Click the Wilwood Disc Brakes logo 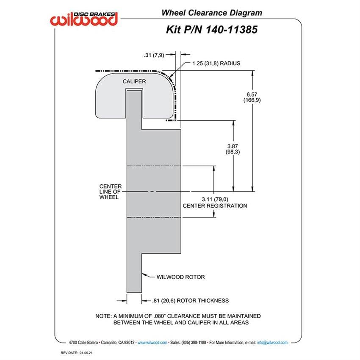pyautogui.click(x=84, y=19)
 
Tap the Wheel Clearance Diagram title pyautogui.click(x=212, y=13)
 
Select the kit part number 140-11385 pyautogui.click(x=231, y=30)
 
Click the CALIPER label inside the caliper pyautogui.click(x=134, y=81)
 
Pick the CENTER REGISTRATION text pyautogui.click(x=215, y=206)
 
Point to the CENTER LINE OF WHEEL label pyautogui.click(x=110, y=192)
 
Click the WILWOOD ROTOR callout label pyautogui.click(x=181, y=277)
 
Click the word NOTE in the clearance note pyautogui.click(x=103, y=316)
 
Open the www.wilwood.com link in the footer pyautogui.click(x=152, y=343)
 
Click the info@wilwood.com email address pyautogui.click(x=272, y=343)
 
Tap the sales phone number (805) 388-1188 pyautogui.click(x=194, y=343)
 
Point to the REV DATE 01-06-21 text pyautogui.click(x=77, y=353)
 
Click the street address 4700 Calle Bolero pyautogui.click(x=83, y=343)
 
